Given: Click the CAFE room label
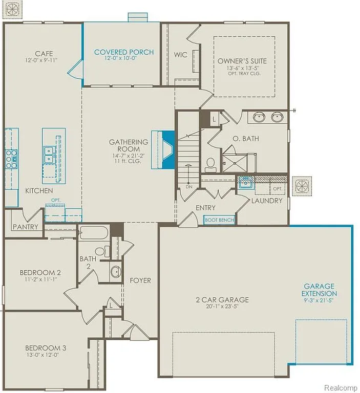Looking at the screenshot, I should (44, 54).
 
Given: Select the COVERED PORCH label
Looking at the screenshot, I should (123, 52).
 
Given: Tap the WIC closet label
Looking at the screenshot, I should (180, 55).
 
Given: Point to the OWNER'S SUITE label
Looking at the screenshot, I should (242, 61).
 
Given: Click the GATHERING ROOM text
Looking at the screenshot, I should (129, 145).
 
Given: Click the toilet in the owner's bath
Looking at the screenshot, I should (210, 164).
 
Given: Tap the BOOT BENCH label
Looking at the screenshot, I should (219, 220).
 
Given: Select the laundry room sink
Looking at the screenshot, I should (245, 183).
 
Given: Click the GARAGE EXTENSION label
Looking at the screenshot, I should (319, 290).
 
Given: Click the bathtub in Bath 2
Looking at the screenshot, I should (94, 233).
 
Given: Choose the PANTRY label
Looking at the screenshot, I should (26, 226).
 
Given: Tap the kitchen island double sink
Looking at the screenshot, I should (50, 155).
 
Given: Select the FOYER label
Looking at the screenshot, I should (140, 280).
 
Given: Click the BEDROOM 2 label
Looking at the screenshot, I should (40, 272).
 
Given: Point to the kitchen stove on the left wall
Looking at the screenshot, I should (10, 159).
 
